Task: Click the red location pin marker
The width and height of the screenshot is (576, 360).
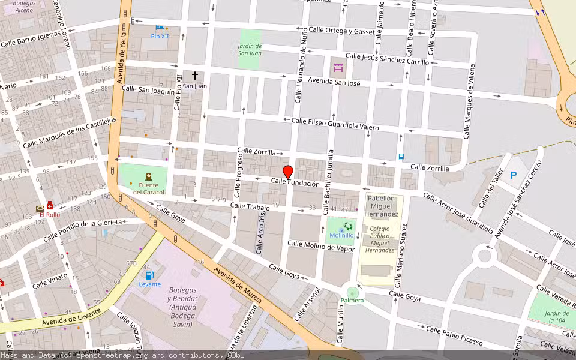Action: [x=287, y=172]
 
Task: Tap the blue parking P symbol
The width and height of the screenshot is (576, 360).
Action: [x=514, y=175]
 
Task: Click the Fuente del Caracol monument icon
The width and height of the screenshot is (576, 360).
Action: [x=148, y=176]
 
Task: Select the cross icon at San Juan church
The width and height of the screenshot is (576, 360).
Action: [x=195, y=76]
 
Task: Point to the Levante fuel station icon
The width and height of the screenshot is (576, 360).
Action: [x=149, y=275]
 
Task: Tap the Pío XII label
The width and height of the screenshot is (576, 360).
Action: [x=160, y=36]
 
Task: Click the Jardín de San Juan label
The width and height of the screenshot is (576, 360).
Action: [x=250, y=49]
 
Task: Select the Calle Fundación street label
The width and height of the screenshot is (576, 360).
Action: [x=295, y=183]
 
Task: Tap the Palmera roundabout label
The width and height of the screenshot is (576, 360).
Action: [x=352, y=300]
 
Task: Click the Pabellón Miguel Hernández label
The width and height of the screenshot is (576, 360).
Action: [x=381, y=206]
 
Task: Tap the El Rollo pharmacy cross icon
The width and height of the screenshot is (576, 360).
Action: [x=50, y=206]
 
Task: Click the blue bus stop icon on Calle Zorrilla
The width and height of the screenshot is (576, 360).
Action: [x=401, y=157]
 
